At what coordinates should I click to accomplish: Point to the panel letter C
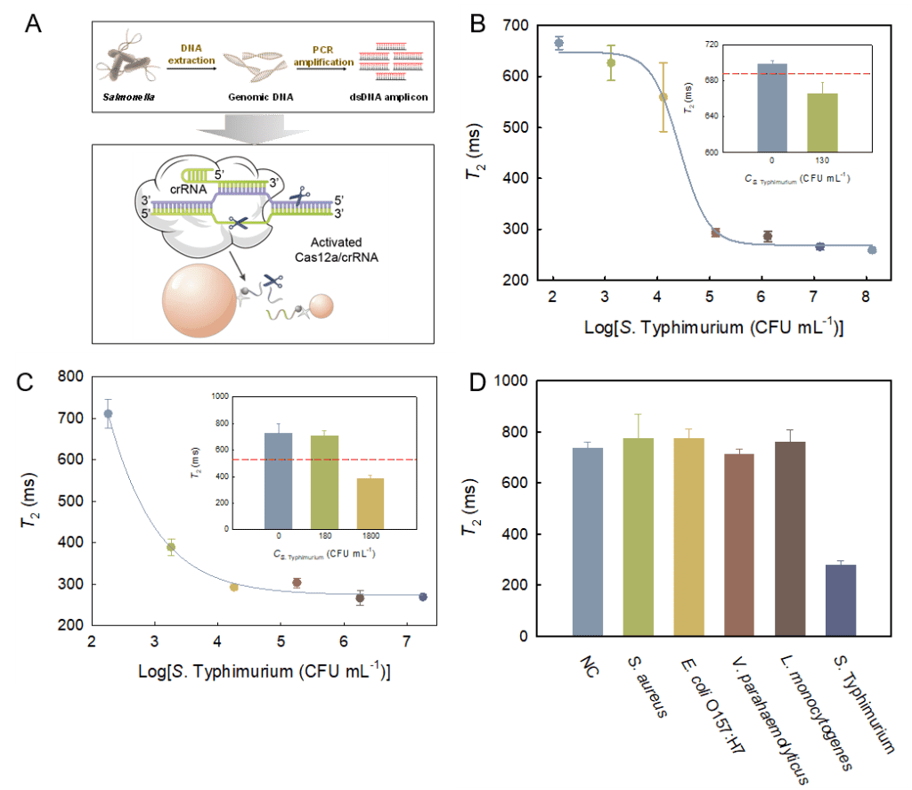click(26, 384)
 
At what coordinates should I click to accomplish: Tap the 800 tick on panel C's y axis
click(63, 376)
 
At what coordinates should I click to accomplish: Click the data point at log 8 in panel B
click(872, 249)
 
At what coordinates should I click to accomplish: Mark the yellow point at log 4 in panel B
click(663, 97)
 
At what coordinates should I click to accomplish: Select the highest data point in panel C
click(109, 413)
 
